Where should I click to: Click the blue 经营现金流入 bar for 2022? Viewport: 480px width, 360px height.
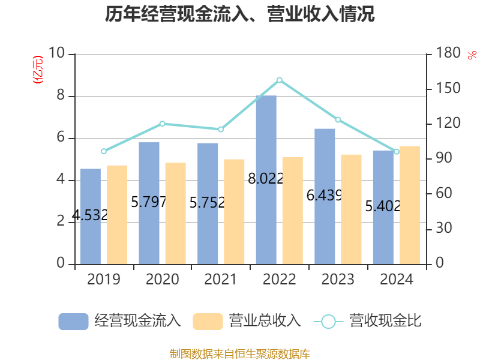(x=266, y=180)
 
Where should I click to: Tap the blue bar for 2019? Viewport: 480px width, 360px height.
(x=90, y=216)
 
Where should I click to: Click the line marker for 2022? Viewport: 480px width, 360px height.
(x=279, y=80)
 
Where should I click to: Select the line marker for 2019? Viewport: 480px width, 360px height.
(x=103, y=151)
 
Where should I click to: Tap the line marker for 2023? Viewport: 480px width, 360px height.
(x=338, y=120)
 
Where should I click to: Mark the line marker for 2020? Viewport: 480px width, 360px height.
(x=162, y=124)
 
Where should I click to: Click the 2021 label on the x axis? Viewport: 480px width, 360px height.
(x=221, y=280)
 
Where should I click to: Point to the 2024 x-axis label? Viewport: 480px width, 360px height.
(x=397, y=280)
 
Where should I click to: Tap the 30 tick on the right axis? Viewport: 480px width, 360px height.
(x=442, y=229)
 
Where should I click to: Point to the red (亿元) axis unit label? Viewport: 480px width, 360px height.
(x=38, y=70)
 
